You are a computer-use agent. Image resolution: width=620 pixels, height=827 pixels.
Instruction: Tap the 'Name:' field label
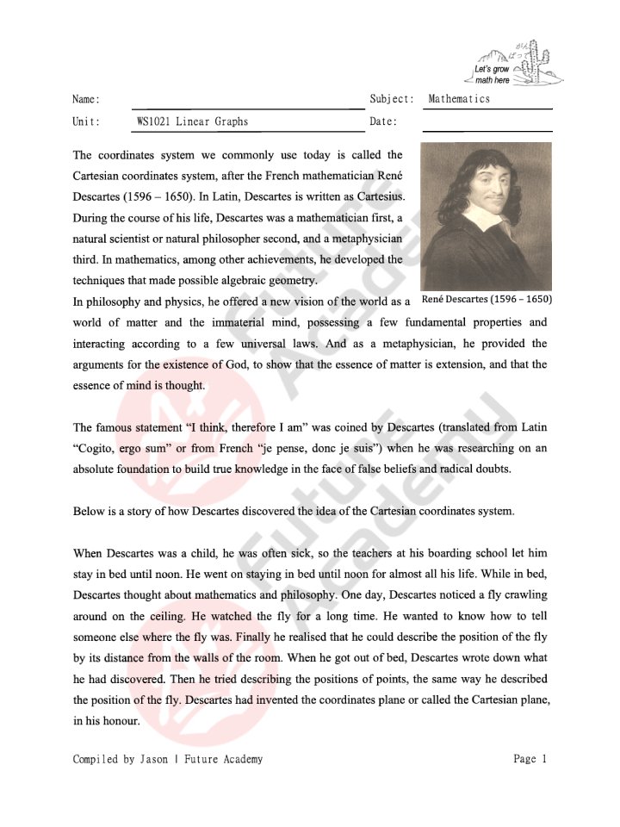tap(86, 99)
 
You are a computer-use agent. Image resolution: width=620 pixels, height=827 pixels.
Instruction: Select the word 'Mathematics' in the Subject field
tap(459, 99)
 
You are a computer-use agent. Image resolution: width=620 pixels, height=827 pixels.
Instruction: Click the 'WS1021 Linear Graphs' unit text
tap(192, 121)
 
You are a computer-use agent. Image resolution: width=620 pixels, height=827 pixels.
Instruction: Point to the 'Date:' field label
tap(383, 121)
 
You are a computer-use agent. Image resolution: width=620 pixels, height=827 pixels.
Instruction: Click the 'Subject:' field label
tap(392, 99)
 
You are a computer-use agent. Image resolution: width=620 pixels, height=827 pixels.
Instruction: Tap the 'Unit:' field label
tap(86, 121)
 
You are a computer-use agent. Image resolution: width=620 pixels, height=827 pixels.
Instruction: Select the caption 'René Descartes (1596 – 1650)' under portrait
tap(487, 299)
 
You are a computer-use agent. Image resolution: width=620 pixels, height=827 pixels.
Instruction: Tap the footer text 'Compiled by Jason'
tap(119, 759)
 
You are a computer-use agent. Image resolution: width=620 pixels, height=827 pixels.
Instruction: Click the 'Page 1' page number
tap(530, 759)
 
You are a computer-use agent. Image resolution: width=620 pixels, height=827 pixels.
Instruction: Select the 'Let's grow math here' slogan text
tap(493, 74)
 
